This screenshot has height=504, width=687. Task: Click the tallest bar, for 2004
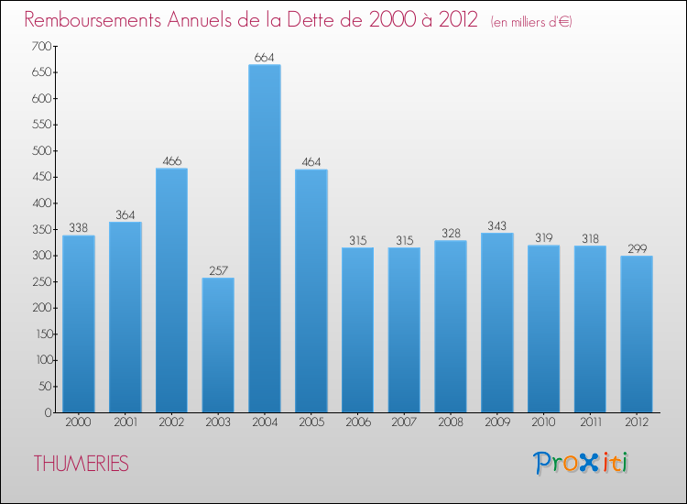265,238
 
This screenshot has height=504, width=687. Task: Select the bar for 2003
218,345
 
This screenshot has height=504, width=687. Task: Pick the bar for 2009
497,323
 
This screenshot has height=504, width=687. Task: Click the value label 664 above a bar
265,57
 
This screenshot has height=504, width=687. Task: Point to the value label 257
218,270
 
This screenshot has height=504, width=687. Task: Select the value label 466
171,161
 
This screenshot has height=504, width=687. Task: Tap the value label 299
637,248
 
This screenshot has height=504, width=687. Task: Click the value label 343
497,225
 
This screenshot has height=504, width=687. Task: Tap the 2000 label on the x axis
79,424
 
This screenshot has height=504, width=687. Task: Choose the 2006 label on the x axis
358,424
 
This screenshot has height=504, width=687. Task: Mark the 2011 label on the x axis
591,424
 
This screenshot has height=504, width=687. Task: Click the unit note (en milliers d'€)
531,22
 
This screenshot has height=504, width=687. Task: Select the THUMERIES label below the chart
82,464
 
